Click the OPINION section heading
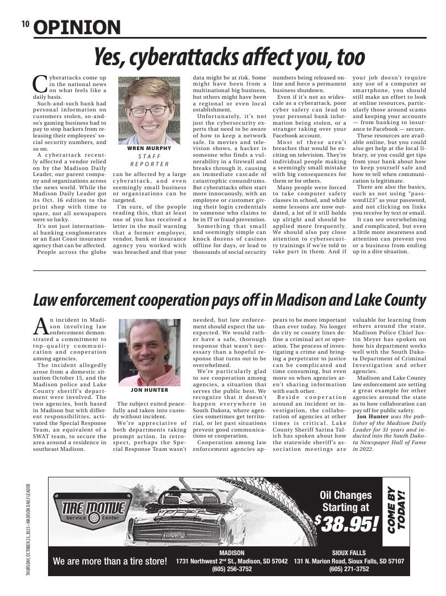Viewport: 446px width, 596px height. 77,27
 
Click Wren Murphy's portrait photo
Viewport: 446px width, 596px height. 149,110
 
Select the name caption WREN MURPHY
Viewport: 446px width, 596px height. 149,148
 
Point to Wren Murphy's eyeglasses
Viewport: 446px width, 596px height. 148,111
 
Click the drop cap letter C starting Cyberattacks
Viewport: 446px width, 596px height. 40,84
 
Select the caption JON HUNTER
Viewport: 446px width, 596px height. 149,390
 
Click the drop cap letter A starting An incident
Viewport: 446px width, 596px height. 40,326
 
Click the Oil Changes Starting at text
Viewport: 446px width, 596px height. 346,501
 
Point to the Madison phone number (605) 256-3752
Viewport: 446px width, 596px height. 232,569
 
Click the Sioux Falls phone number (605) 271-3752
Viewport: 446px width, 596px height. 349,569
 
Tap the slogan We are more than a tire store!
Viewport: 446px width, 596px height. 110,561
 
